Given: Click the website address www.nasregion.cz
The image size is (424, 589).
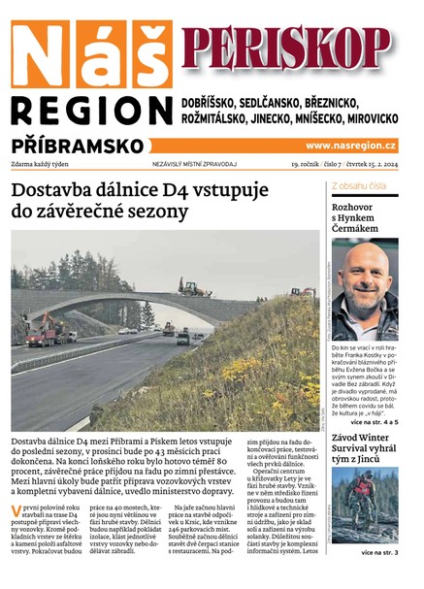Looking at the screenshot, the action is (x=351, y=146).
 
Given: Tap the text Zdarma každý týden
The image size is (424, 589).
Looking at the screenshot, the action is (x=45, y=165).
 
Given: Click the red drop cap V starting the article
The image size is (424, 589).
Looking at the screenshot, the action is (x=16, y=509).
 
